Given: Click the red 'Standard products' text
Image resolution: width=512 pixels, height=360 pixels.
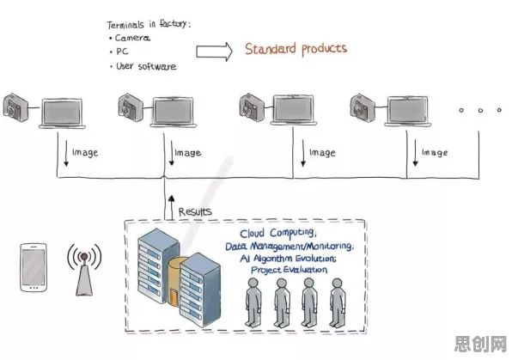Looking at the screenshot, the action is click(296, 49).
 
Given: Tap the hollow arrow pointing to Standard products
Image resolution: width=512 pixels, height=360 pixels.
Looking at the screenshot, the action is click(214, 52).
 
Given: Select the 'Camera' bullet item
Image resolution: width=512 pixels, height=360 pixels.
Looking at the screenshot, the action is click(130, 38).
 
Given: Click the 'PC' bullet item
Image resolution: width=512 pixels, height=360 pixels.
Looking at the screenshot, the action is click(119, 52).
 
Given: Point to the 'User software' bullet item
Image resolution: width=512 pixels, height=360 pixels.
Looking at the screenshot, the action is click(143, 66).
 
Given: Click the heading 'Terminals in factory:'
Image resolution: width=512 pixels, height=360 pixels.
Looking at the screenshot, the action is click(149, 24).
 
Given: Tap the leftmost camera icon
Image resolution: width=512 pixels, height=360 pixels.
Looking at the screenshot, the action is click(15, 107).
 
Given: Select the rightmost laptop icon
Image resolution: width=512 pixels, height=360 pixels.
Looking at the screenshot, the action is click(407, 111).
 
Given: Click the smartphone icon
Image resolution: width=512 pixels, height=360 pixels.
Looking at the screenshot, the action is click(34, 267).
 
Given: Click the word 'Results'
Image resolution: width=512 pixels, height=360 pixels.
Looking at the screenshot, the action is click(195, 211).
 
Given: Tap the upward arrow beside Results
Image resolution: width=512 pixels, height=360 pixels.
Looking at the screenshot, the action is click(172, 207).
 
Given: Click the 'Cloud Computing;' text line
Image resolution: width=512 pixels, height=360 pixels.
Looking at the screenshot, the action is click(278, 233).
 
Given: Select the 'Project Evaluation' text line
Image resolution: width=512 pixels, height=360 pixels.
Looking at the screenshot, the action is click(289, 270).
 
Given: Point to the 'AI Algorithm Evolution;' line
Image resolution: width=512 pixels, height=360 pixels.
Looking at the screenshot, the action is click(288, 259).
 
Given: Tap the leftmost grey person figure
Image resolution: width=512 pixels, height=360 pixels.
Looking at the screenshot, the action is click(253, 302).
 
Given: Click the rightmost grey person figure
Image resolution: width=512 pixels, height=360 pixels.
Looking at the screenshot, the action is click(338, 302).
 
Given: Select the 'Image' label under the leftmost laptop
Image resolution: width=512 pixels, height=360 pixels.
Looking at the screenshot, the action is click(85, 153).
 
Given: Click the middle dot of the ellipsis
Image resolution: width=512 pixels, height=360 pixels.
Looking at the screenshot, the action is click(480, 111).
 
